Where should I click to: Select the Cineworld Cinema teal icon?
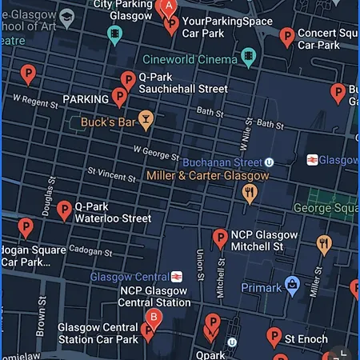point(249,58)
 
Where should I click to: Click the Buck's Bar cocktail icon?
point(146,122)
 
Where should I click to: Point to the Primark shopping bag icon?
point(294,284)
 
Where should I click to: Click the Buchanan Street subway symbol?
point(270,162)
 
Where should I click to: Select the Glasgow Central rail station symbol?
point(176,277)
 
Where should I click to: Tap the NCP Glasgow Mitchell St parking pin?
point(220,238)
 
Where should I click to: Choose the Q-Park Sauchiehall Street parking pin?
point(128,80)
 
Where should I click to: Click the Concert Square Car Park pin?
point(287,36)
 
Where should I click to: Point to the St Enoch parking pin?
point(274,337)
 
